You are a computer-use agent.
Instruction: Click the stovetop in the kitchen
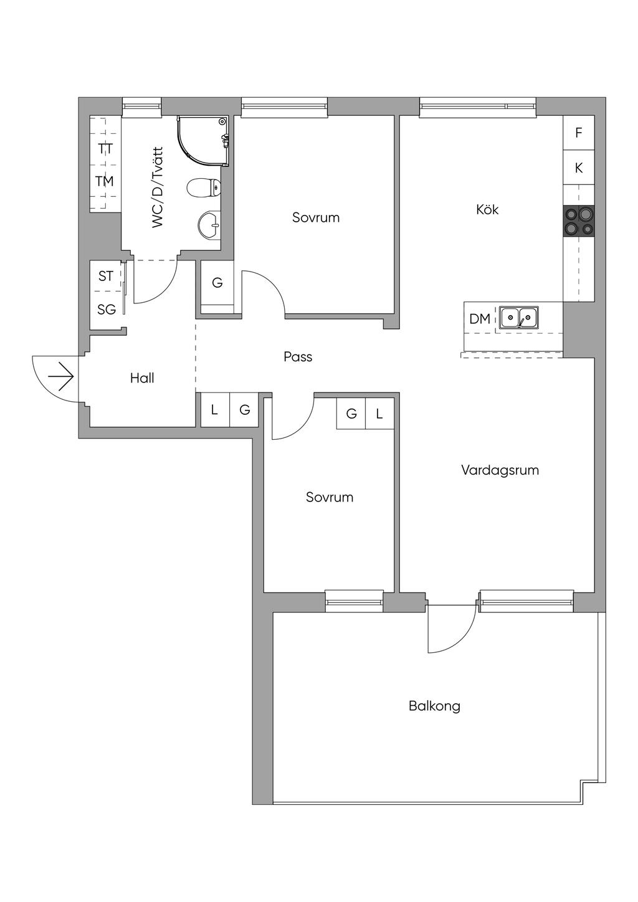coord(579,221)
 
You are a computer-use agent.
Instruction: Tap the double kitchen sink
coord(519,317)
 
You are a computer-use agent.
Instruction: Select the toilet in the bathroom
coord(204,188)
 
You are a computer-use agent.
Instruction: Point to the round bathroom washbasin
coord(209,225)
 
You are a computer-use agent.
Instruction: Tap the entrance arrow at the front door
coord(61,376)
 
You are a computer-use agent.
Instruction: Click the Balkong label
coord(434,706)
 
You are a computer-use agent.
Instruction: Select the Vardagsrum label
coord(500,470)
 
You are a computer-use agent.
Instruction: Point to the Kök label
coord(487,209)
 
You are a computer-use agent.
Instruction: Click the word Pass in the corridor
coord(298,357)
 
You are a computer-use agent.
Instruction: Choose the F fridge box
coord(579,133)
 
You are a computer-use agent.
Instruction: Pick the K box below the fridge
coord(579,168)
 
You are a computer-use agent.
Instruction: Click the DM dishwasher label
coord(480,319)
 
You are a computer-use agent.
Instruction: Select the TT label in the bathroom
coord(106,149)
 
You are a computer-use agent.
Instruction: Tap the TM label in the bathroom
coord(104,181)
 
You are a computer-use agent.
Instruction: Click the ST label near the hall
coord(106,276)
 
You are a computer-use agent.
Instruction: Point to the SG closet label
coord(107,309)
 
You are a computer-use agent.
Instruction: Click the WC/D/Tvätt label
coord(158,188)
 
